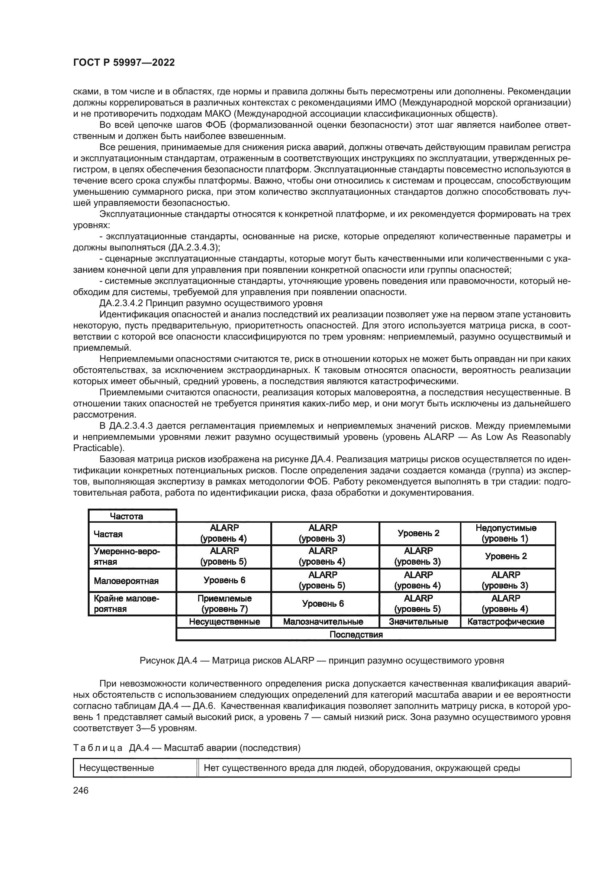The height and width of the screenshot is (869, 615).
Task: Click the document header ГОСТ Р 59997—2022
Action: [124, 63]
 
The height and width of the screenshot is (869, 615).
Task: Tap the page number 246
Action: [81, 790]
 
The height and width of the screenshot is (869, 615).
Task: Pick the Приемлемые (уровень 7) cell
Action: [224, 603]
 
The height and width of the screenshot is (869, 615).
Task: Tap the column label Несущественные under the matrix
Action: [224, 622]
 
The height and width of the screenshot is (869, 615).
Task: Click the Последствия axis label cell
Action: [356, 634]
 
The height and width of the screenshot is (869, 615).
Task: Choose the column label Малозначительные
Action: [323, 622]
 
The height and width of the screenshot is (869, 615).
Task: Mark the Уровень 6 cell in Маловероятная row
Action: [224, 580]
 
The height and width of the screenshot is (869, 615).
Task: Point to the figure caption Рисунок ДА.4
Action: [322, 661]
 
